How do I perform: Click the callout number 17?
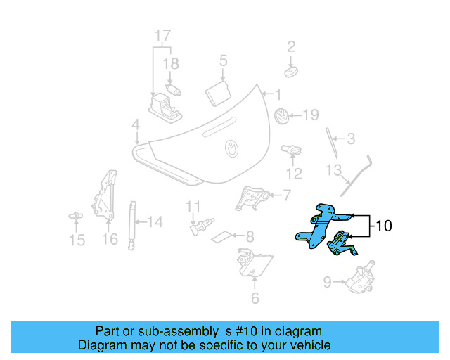click(x=162, y=36)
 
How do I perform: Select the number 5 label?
click(x=223, y=60)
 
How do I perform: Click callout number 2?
click(x=291, y=47)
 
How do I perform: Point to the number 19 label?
click(x=311, y=115)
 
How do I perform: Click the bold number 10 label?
click(x=383, y=226)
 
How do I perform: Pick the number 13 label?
click(x=333, y=170)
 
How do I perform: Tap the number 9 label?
click(x=327, y=283)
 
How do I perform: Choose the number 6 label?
click(x=255, y=298)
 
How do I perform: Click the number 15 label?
click(x=77, y=240)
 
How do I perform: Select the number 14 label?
click(x=155, y=222)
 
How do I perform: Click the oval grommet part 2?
click(x=291, y=72)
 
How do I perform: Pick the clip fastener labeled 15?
click(x=75, y=217)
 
